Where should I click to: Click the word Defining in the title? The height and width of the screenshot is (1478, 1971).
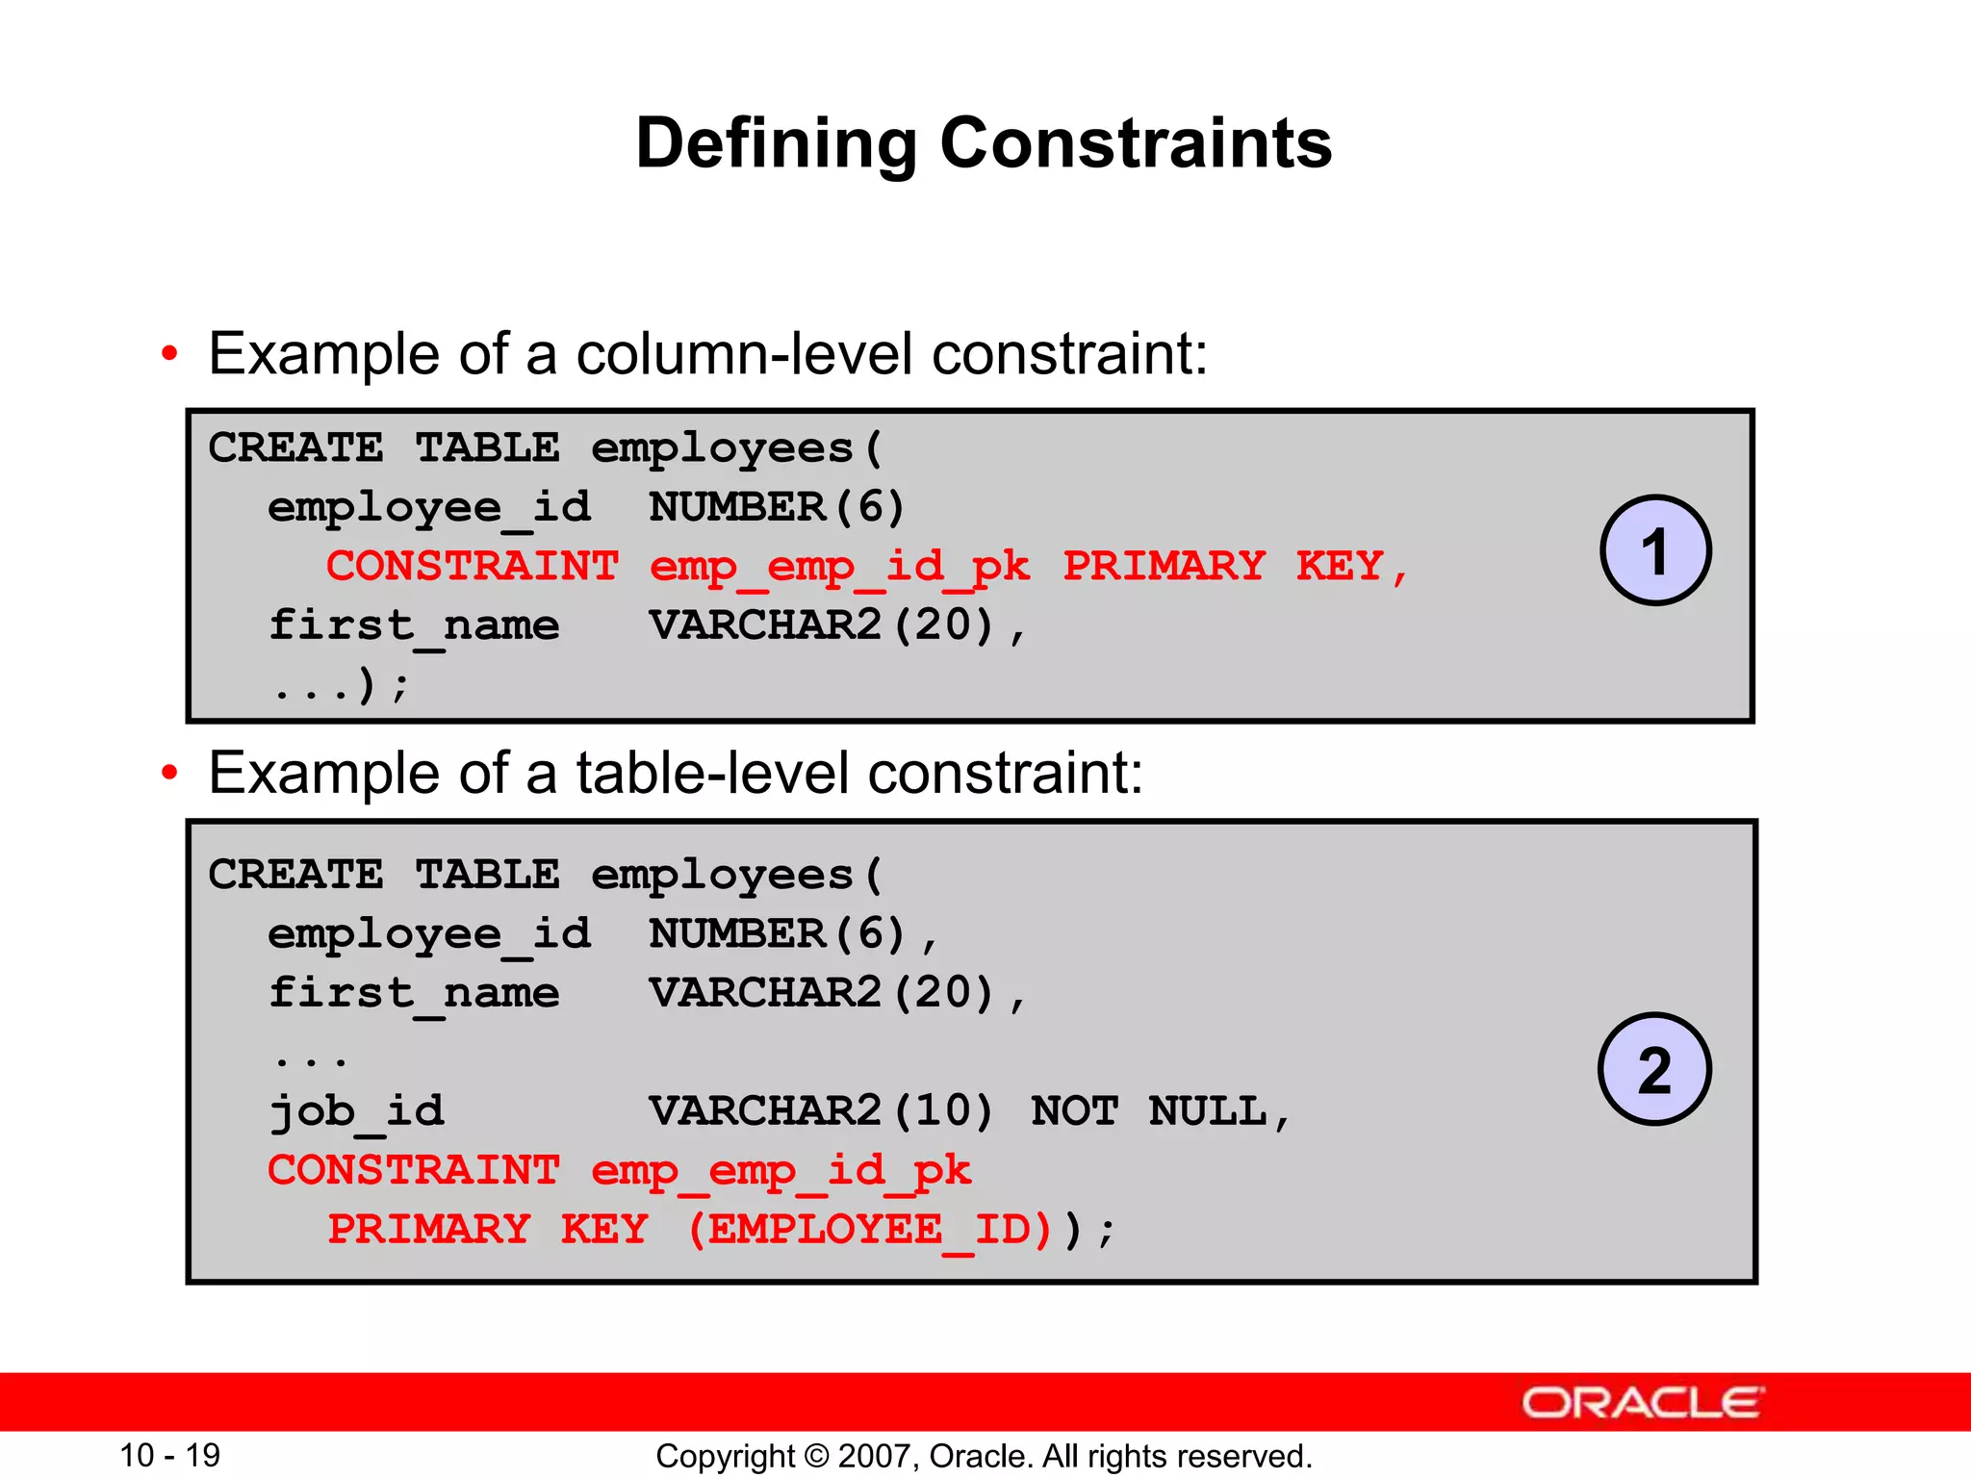[776, 144]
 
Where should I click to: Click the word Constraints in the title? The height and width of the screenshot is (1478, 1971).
[1136, 144]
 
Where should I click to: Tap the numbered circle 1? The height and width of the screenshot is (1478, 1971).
[1654, 550]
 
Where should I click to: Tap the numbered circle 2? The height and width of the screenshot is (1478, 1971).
[1654, 1069]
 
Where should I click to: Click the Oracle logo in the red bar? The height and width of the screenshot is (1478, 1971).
[1642, 1403]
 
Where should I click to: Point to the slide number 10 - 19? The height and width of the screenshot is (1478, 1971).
[169, 1455]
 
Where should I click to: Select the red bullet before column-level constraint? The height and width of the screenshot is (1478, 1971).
[169, 354]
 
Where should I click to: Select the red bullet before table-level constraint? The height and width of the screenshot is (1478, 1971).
[169, 773]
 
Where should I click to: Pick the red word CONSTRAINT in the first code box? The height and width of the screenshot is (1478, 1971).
[472, 566]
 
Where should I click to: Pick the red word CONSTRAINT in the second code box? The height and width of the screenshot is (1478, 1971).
[413, 1170]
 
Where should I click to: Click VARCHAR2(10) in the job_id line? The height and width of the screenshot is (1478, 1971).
[821, 1111]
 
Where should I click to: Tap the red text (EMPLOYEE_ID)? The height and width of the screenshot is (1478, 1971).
[869, 1230]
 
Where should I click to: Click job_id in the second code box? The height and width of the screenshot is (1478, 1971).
[356, 1111]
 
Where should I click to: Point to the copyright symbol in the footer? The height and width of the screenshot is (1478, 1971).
[816, 1456]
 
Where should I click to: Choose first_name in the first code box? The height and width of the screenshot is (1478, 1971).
[414, 625]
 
